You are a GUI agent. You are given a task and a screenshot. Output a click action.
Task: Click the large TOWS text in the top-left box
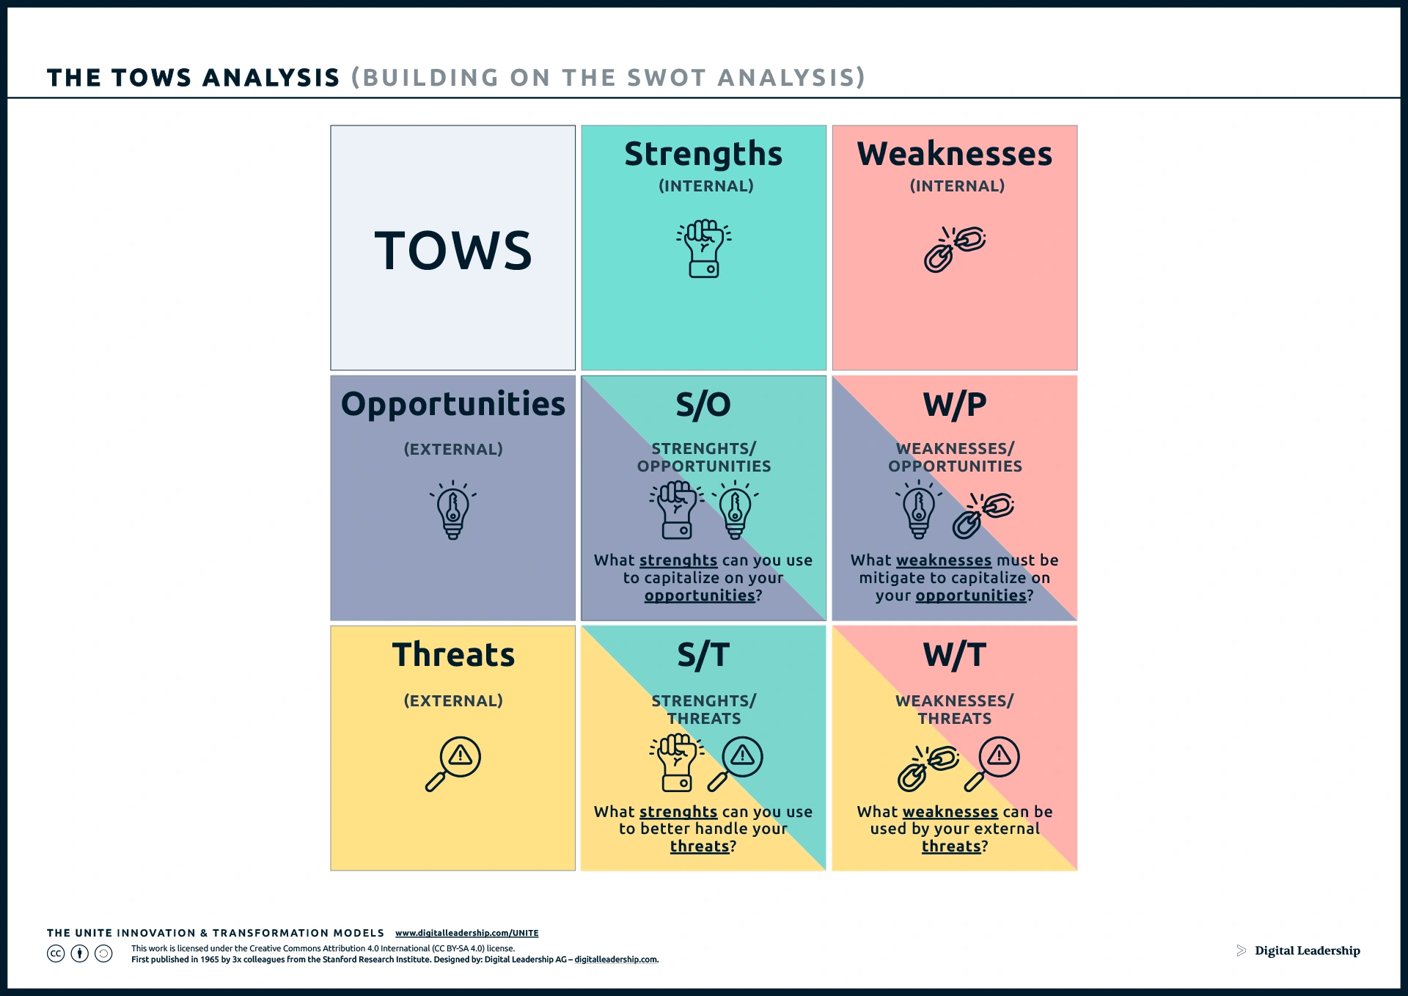coord(453,250)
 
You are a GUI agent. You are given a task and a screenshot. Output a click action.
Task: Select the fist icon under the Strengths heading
coord(704,248)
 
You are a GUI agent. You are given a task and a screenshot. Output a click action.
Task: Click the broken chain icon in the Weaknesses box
coord(955,249)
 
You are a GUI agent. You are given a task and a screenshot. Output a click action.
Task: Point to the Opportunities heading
coord(453,405)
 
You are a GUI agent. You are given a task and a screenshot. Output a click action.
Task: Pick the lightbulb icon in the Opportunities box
coord(453,510)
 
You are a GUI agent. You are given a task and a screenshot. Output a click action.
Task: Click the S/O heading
coord(703,404)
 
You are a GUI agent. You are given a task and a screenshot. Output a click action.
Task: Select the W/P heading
coord(955,404)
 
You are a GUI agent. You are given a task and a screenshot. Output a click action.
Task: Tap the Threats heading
coord(453,654)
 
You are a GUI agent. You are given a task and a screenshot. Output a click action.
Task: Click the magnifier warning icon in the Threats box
coord(453,764)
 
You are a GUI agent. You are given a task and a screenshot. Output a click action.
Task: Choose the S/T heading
coord(703,655)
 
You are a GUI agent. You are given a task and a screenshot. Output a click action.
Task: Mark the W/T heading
coord(955,655)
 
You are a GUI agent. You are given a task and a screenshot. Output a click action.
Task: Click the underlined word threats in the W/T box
coord(951,846)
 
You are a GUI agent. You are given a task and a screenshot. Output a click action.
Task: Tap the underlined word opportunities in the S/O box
coord(700,596)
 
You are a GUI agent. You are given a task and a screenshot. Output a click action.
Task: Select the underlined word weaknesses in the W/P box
coord(944,560)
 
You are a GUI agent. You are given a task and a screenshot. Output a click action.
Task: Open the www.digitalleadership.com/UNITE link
coord(467,933)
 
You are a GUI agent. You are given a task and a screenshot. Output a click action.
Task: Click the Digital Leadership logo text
coord(1308,951)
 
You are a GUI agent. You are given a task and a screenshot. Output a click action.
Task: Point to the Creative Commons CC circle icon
coord(56,953)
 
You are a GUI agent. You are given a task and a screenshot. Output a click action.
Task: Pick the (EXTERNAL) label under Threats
coord(453,701)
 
